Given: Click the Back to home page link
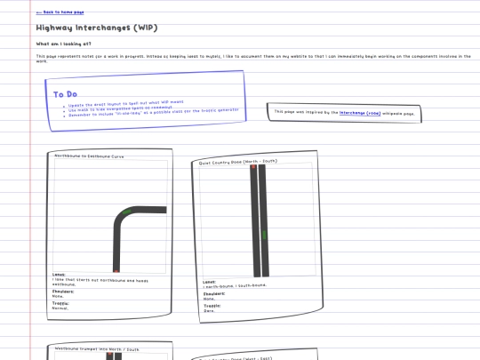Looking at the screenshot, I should [x=60, y=13].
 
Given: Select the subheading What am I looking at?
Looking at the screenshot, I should [x=63, y=43].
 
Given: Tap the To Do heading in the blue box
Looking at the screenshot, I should [x=64, y=94].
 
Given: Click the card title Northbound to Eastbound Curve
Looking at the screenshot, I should [x=89, y=156].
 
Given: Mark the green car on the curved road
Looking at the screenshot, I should [x=126, y=211].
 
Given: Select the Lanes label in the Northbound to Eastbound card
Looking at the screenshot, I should [x=59, y=275].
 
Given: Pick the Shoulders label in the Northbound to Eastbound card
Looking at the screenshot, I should [x=63, y=291].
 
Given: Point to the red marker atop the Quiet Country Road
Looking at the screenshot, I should [x=254, y=167].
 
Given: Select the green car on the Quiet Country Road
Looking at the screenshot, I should [x=263, y=234].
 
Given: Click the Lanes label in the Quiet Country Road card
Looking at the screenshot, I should [x=209, y=282].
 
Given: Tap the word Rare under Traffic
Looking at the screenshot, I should [x=209, y=311].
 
